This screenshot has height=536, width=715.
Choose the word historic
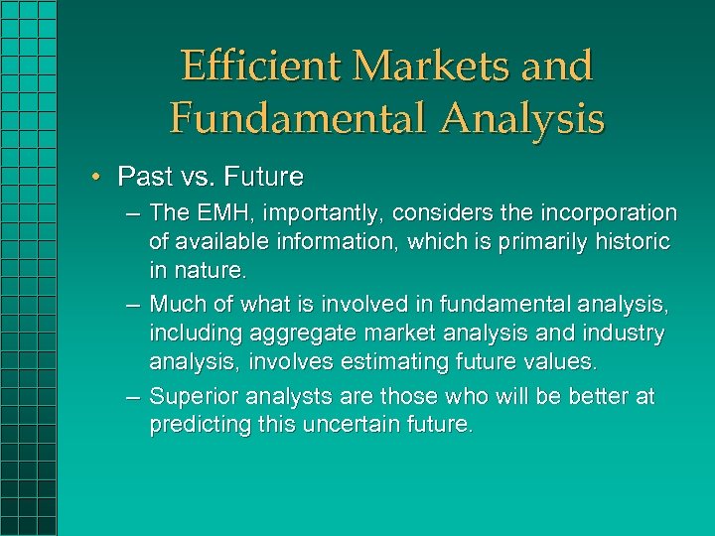coord(633,241)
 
